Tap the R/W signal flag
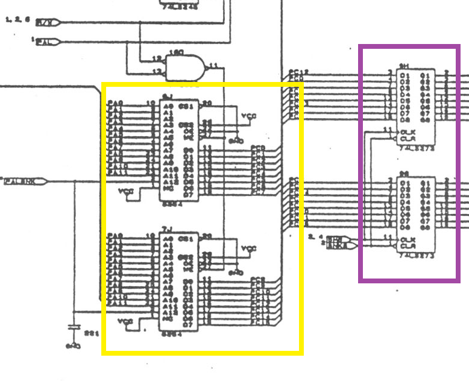(x=47, y=22)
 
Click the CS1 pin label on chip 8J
(x=186, y=106)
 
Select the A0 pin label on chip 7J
(x=168, y=239)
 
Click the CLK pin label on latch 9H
(x=408, y=131)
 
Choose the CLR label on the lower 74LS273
(x=408, y=246)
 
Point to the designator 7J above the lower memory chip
(x=168, y=230)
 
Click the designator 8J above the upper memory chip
(x=168, y=96)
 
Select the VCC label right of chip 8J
(x=248, y=115)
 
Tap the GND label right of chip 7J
(x=236, y=272)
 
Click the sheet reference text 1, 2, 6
(x=17, y=20)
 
